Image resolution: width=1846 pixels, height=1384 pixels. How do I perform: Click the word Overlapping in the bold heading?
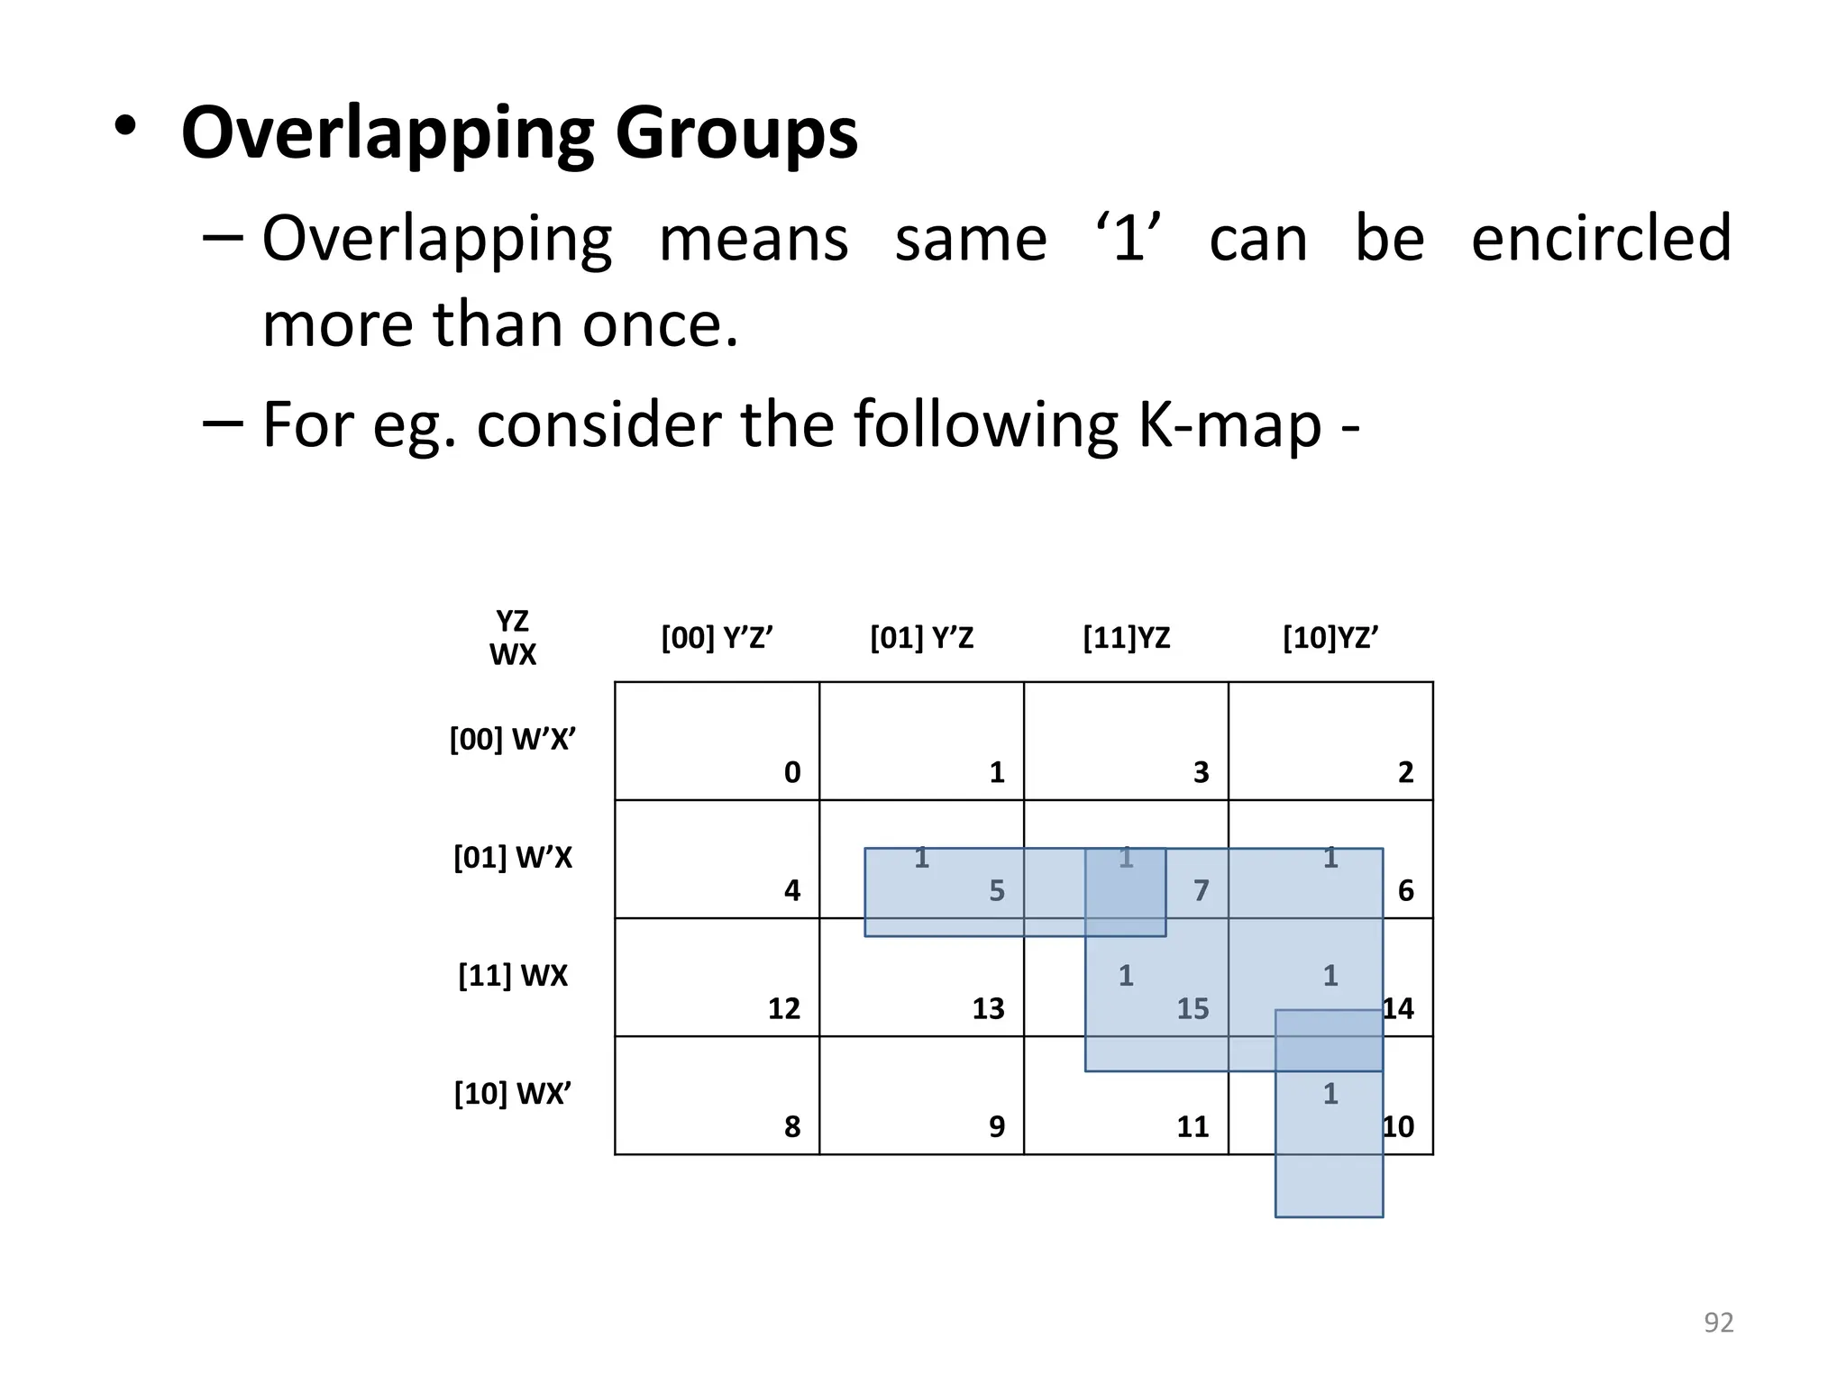coord(388,133)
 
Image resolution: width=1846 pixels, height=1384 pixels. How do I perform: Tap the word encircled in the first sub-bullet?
coord(1601,238)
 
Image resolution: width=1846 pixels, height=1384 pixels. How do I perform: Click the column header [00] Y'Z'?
coord(717,638)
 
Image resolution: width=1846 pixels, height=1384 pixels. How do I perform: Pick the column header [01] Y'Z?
coord(921,638)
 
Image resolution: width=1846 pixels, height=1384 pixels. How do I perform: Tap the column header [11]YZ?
coord(1126,638)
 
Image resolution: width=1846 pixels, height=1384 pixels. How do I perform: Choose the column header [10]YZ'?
coord(1330,638)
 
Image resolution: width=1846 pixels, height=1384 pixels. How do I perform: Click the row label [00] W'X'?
coord(512,740)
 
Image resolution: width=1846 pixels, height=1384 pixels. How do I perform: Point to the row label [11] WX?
coord(512,976)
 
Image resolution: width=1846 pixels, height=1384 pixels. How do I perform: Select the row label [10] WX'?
coord(512,1094)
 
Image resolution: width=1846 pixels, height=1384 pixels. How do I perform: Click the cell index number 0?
coord(791,772)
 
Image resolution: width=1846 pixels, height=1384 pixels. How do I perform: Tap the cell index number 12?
coord(783,1008)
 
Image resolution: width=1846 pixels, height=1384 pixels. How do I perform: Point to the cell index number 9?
coord(996,1126)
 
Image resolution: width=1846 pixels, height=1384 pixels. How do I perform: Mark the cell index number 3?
coord(1201,772)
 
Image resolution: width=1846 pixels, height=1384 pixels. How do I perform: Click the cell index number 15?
coord(1193,1008)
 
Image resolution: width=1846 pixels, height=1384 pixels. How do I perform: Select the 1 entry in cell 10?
coord(1330,1094)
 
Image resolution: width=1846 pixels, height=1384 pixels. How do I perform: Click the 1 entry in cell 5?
coord(921,858)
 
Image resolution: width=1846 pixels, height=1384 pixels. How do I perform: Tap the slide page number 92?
coord(1718,1322)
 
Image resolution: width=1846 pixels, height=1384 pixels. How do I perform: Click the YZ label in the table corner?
coord(512,621)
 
